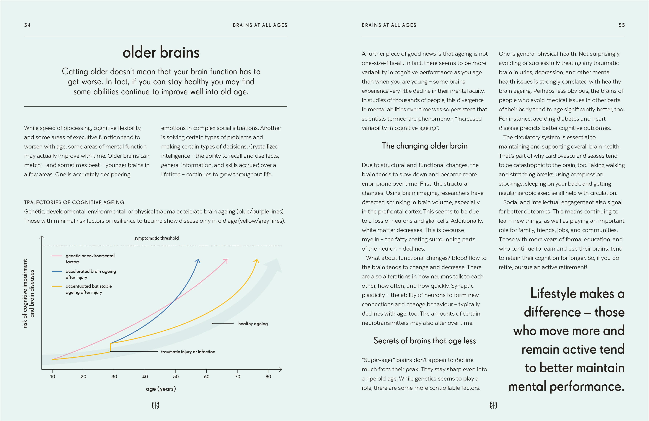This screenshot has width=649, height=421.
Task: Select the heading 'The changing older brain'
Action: (424, 146)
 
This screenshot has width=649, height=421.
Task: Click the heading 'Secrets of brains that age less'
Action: (424, 341)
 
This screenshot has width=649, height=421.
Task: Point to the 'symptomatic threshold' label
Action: (156, 238)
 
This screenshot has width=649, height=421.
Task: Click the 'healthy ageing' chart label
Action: (253, 324)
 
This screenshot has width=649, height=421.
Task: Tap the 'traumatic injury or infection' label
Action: (188, 352)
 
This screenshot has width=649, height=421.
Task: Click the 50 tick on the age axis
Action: (176, 377)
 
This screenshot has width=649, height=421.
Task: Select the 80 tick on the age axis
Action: (268, 377)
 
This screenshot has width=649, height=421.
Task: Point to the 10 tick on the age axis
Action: (53, 377)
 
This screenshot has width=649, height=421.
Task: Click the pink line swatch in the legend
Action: (57, 256)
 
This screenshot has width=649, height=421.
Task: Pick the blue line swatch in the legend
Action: (57, 272)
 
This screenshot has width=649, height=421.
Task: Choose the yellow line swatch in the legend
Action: (57, 286)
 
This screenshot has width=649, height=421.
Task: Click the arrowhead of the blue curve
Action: (198, 261)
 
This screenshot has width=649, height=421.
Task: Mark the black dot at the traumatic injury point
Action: (110, 351)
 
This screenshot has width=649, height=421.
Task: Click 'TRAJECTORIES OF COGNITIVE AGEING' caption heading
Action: (74, 202)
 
